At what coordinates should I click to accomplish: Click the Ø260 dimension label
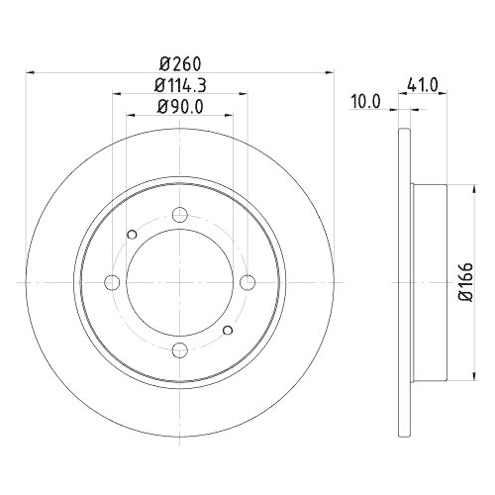tap(178, 62)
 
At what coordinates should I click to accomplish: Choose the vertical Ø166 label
tap(466, 280)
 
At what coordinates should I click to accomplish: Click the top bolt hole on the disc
tap(179, 215)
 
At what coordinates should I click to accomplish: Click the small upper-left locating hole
tap(132, 235)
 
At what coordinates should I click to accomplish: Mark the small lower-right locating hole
tap(227, 329)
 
